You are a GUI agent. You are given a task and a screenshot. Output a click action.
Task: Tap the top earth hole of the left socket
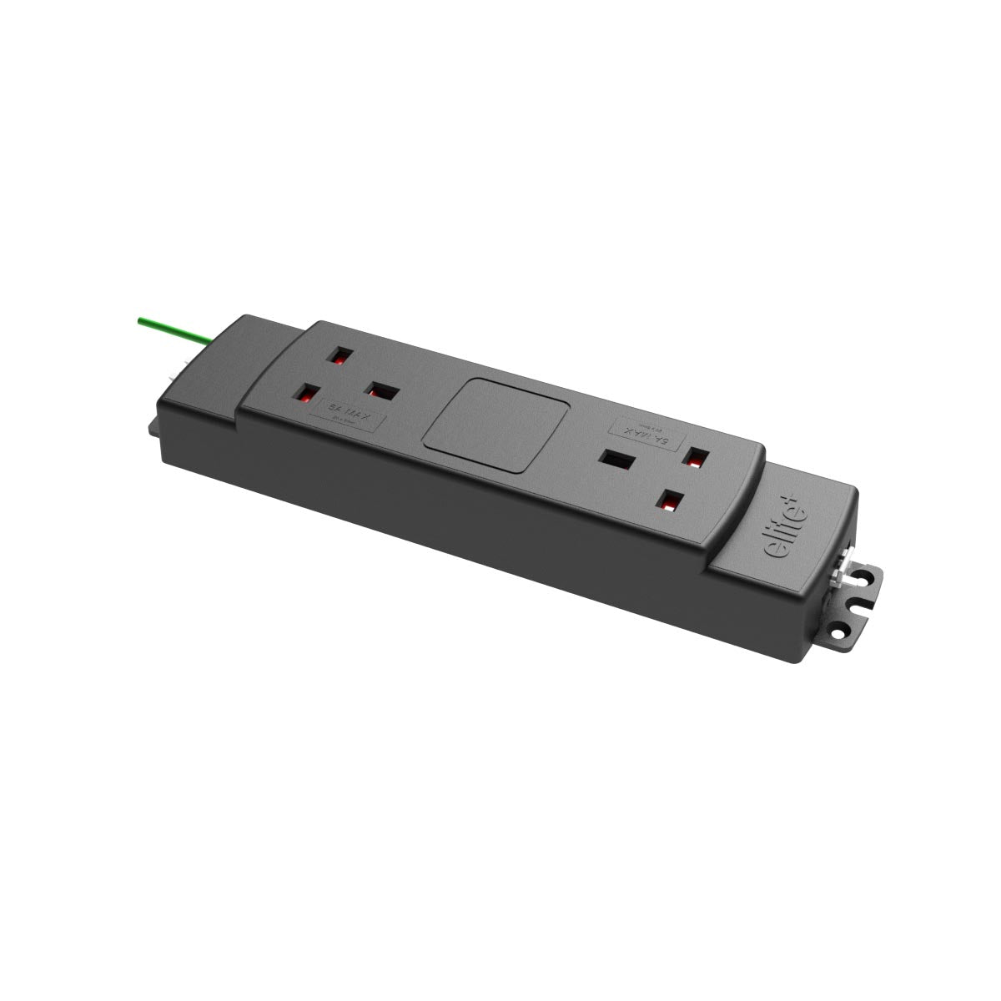click(x=340, y=356)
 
